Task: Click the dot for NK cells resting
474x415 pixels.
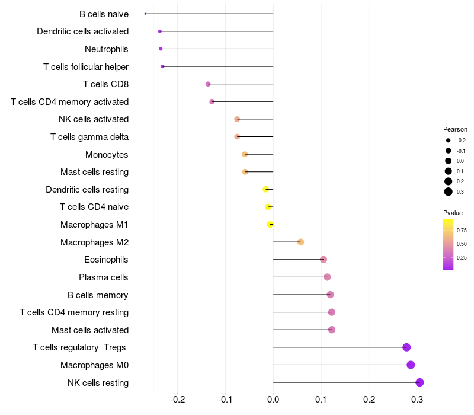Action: pyautogui.click(x=419, y=382)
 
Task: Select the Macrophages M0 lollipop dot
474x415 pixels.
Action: pyautogui.click(x=411, y=365)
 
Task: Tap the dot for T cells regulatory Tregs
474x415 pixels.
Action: pyautogui.click(x=406, y=347)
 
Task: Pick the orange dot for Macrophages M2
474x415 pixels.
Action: pyautogui.click(x=300, y=242)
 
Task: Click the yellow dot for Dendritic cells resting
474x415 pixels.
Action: pyautogui.click(x=266, y=189)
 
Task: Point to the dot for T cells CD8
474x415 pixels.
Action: pyautogui.click(x=208, y=84)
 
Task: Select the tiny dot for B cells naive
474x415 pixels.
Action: pyautogui.click(x=145, y=14)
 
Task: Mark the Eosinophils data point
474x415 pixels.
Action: pyautogui.click(x=324, y=260)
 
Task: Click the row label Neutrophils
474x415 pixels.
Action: pyautogui.click(x=107, y=49)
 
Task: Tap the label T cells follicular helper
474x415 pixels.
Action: pyautogui.click(x=86, y=66)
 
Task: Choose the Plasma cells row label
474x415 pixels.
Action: pyautogui.click(x=104, y=277)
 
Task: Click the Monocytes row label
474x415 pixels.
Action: pyautogui.click(x=107, y=154)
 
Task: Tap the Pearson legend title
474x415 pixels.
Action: pyautogui.click(x=455, y=129)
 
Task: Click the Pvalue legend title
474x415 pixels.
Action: pyautogui.click(x=453, y=213)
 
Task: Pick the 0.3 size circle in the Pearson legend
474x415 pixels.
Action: pyautogui.click(x=449, y=191)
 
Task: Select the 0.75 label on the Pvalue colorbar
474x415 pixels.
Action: pyautogui.click(x=462, y=230)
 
